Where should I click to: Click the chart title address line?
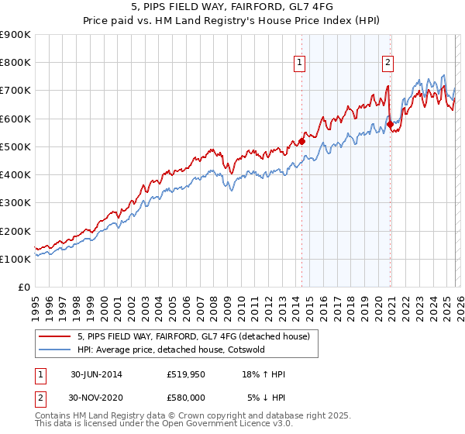(x=232, y=7)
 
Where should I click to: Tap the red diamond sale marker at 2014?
(x=301, y=141)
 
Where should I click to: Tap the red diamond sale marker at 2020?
(x=390, y=124)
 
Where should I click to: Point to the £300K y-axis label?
(x=15, y=203)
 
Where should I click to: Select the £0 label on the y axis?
(x=23, y=288)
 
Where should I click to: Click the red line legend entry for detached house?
(x=193, y=336)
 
